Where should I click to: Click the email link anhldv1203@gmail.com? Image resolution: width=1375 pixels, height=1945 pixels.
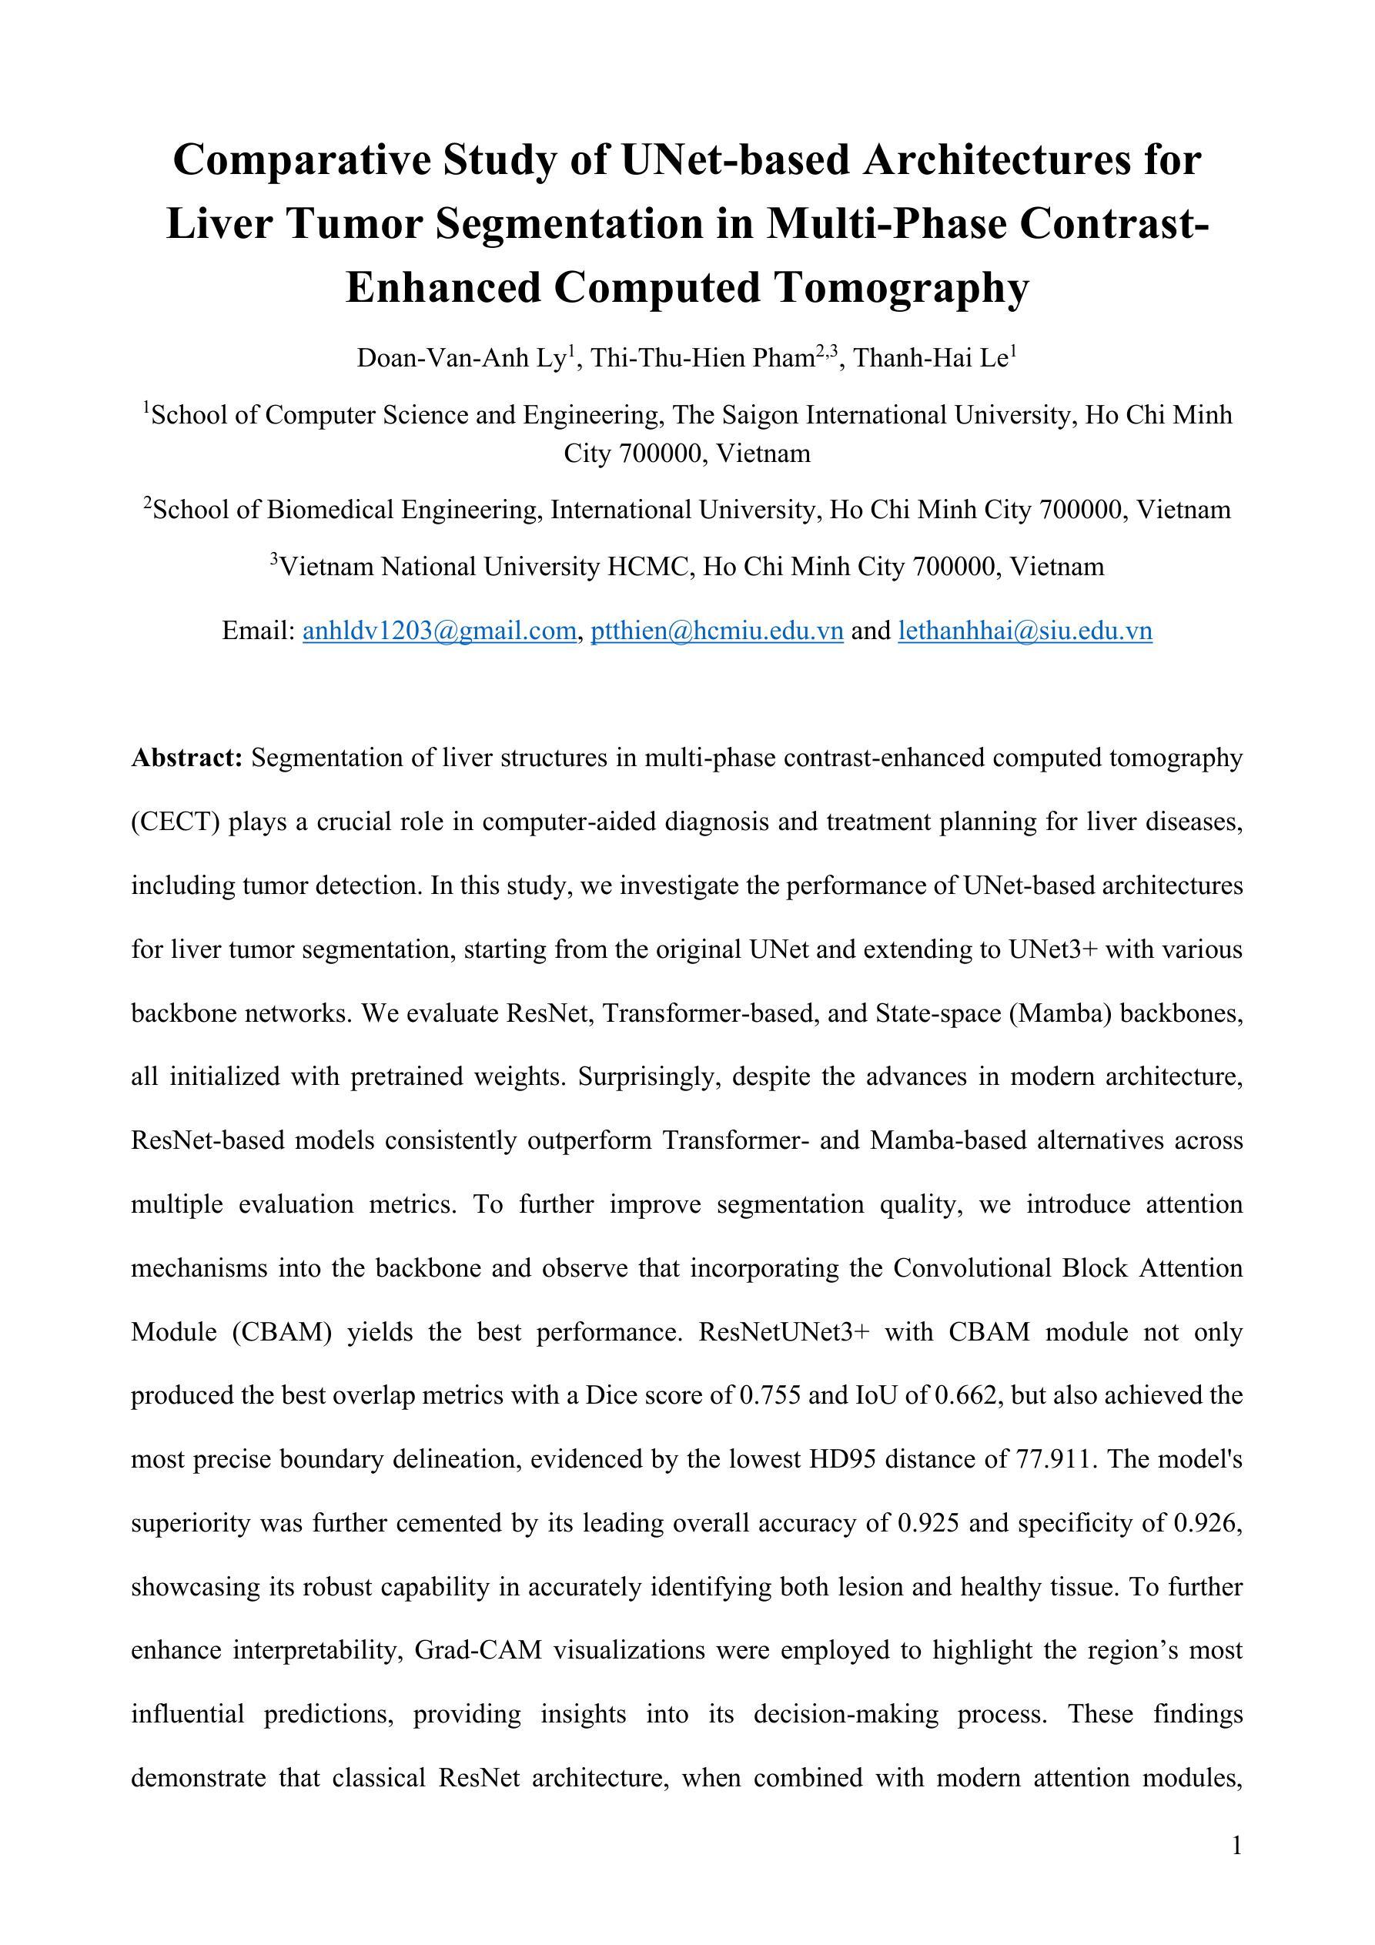pos(439,631)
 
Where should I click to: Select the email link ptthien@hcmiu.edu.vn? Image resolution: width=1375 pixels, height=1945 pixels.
pos(717,631)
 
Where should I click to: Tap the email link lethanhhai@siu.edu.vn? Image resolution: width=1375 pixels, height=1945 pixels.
pos(1025,631)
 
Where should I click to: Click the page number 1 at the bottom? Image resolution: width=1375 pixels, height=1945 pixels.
pos(1237,1845)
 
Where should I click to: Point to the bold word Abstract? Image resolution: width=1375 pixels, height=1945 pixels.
pos(187,758)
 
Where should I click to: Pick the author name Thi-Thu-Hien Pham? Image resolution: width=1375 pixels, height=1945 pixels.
pos(702,359)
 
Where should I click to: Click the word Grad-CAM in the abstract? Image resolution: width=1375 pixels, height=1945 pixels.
pos(478,1650)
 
